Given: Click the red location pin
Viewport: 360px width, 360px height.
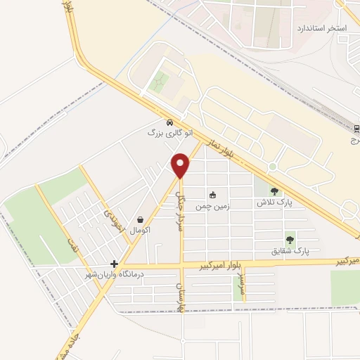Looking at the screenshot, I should (x=181, y=166).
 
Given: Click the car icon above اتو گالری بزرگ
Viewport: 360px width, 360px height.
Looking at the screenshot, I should (x=169, y=122).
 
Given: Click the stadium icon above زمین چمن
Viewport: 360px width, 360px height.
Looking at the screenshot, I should (x=212, y=194).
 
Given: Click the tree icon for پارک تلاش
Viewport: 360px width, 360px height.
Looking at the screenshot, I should (x=274, y=191).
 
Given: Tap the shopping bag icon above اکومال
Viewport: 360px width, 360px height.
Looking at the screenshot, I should (x=141, y=219).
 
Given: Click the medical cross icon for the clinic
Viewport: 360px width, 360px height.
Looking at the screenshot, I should (x=114, y=264).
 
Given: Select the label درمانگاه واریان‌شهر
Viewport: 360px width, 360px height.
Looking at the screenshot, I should (x=113, y=274).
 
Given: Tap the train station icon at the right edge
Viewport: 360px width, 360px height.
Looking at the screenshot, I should (x=355, y=128).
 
